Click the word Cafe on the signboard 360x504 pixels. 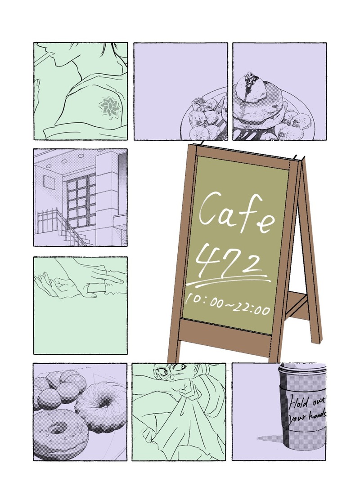pos(237,214)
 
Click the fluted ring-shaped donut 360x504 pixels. pos(101,405)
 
